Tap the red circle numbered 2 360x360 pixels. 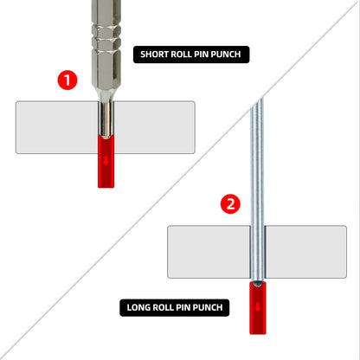pos(228,205)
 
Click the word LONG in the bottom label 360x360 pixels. pos(139,307)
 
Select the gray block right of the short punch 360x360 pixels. pos(156,127)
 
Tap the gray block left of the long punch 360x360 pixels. pos(208,253)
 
